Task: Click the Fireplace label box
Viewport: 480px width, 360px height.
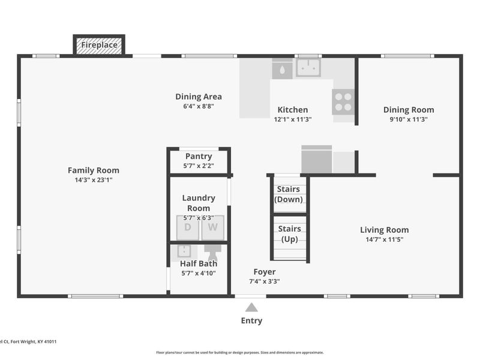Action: click(99, 45)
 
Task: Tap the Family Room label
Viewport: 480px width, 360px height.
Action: click(93, 170)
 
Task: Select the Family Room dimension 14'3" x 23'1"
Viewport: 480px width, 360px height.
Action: click(93, 179)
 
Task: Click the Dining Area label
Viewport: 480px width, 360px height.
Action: click(199, 97)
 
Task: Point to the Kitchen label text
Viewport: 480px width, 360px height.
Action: click(292, 110)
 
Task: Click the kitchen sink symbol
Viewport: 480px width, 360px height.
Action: click(308, 67)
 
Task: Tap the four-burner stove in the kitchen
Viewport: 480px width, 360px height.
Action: click(343, 101)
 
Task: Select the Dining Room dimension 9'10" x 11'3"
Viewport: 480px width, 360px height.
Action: click(409, 119)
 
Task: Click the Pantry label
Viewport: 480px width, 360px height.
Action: click(199, 157)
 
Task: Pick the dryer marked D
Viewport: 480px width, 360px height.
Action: click(187, 227)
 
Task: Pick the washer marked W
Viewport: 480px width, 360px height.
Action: click(212, 227)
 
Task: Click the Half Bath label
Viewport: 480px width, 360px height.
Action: click(199, 263)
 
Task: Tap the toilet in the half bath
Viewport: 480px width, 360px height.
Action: click(212, 248)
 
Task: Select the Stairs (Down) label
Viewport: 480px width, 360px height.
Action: click(288, 194)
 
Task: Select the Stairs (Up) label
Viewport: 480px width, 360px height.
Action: click(290, 234)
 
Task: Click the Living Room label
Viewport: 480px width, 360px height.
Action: click(384, 230)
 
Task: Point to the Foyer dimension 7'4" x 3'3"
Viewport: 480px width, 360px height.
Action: click(265, 281)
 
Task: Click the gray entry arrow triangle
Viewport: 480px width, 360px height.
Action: click(251, 307)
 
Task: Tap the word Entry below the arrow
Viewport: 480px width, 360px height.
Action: click(251, 320)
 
